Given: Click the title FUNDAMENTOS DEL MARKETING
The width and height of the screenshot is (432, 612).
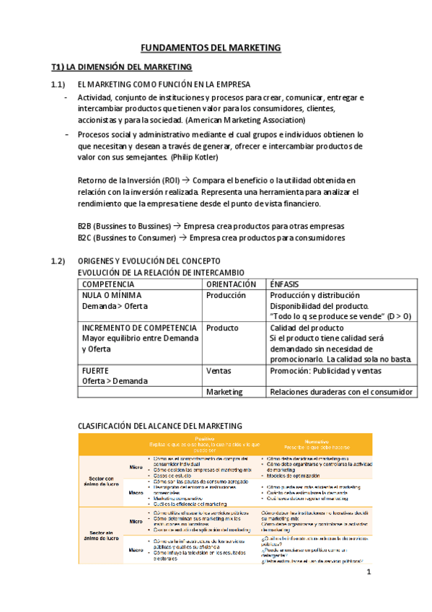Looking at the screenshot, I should [x=210, y=48].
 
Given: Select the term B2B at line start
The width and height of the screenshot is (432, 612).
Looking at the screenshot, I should [x=85, y=226].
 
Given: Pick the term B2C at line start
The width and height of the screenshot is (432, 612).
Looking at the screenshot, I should [x=85, y=237].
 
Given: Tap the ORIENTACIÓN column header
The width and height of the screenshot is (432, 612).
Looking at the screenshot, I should [x=231, y=284].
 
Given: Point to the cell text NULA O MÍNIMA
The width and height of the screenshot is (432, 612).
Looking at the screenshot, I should [x=112, y=295].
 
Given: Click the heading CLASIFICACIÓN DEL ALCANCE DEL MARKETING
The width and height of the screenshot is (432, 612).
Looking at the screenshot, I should [x=159, y=426].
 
